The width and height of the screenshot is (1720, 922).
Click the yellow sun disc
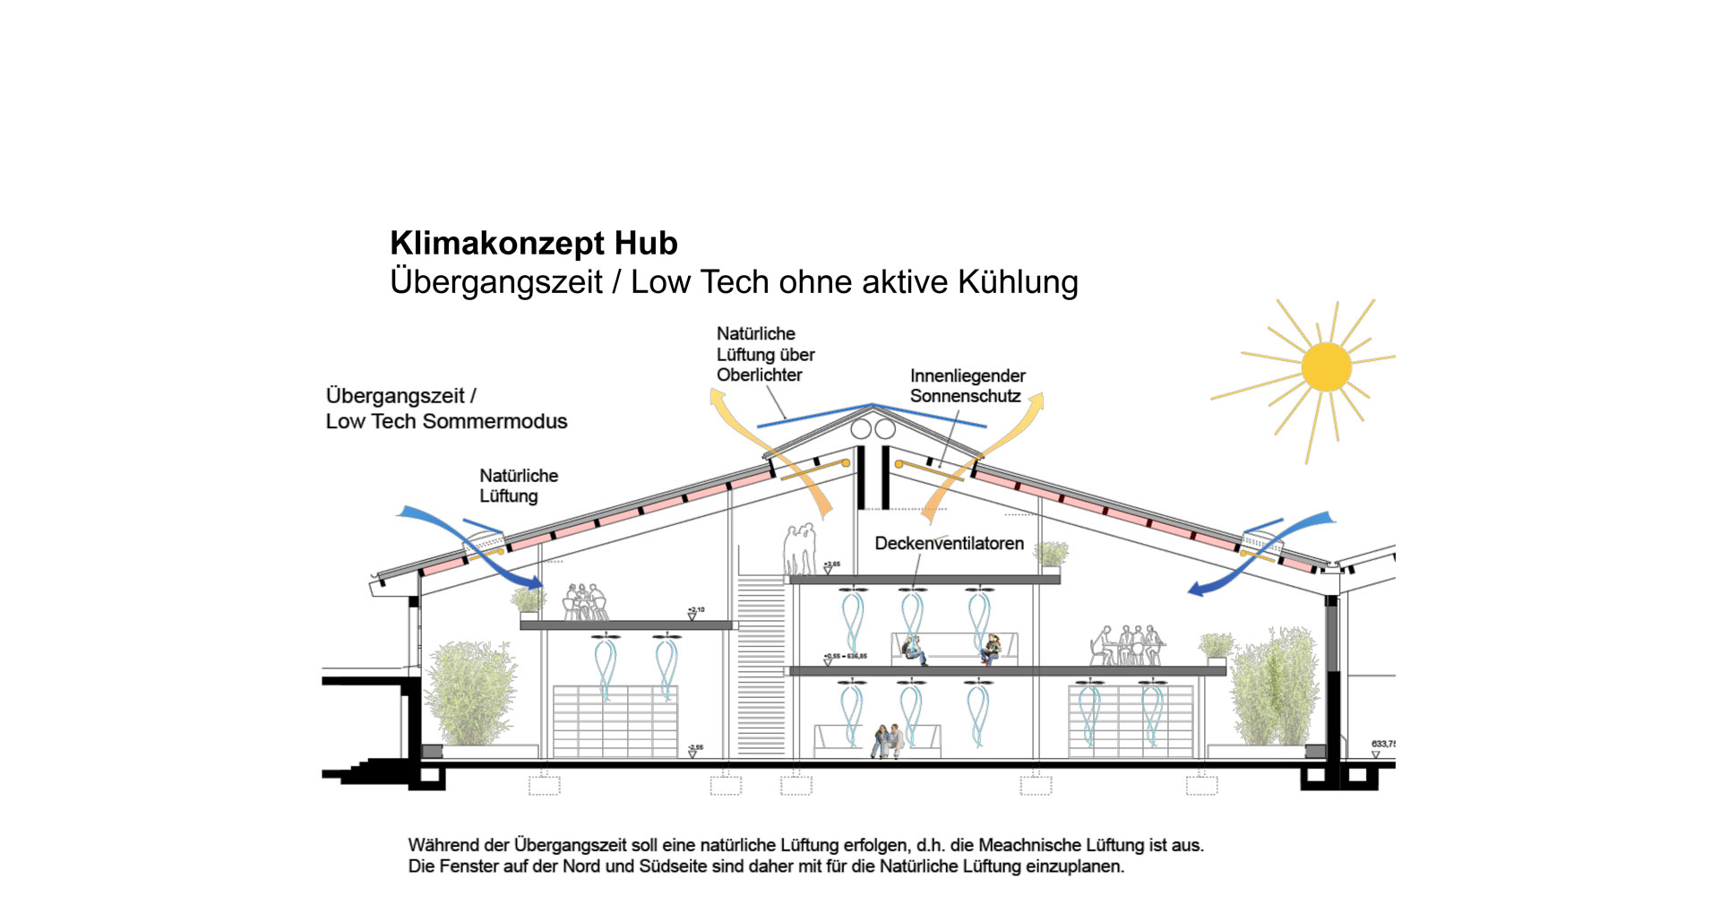(x=1326, y=366)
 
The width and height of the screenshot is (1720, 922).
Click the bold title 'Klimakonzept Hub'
(x=533, y=243)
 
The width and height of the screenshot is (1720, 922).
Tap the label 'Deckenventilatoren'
(x=949, y=543)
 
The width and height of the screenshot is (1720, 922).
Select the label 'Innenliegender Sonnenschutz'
(x=967, y=385)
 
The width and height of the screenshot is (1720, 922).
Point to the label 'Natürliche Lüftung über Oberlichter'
(x=764, y=354)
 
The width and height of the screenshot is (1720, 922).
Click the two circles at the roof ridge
(x=873, y=429)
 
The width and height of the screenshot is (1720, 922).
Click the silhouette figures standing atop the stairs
(x=799, y=548)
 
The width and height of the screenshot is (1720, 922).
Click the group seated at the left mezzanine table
(x=584, y=601)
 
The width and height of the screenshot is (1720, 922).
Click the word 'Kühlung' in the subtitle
(x=1018, y=281)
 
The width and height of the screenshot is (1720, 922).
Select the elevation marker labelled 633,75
(x=1382, y=745)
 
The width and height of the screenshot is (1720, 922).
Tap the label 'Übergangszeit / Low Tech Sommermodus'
(x=445, y=408)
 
